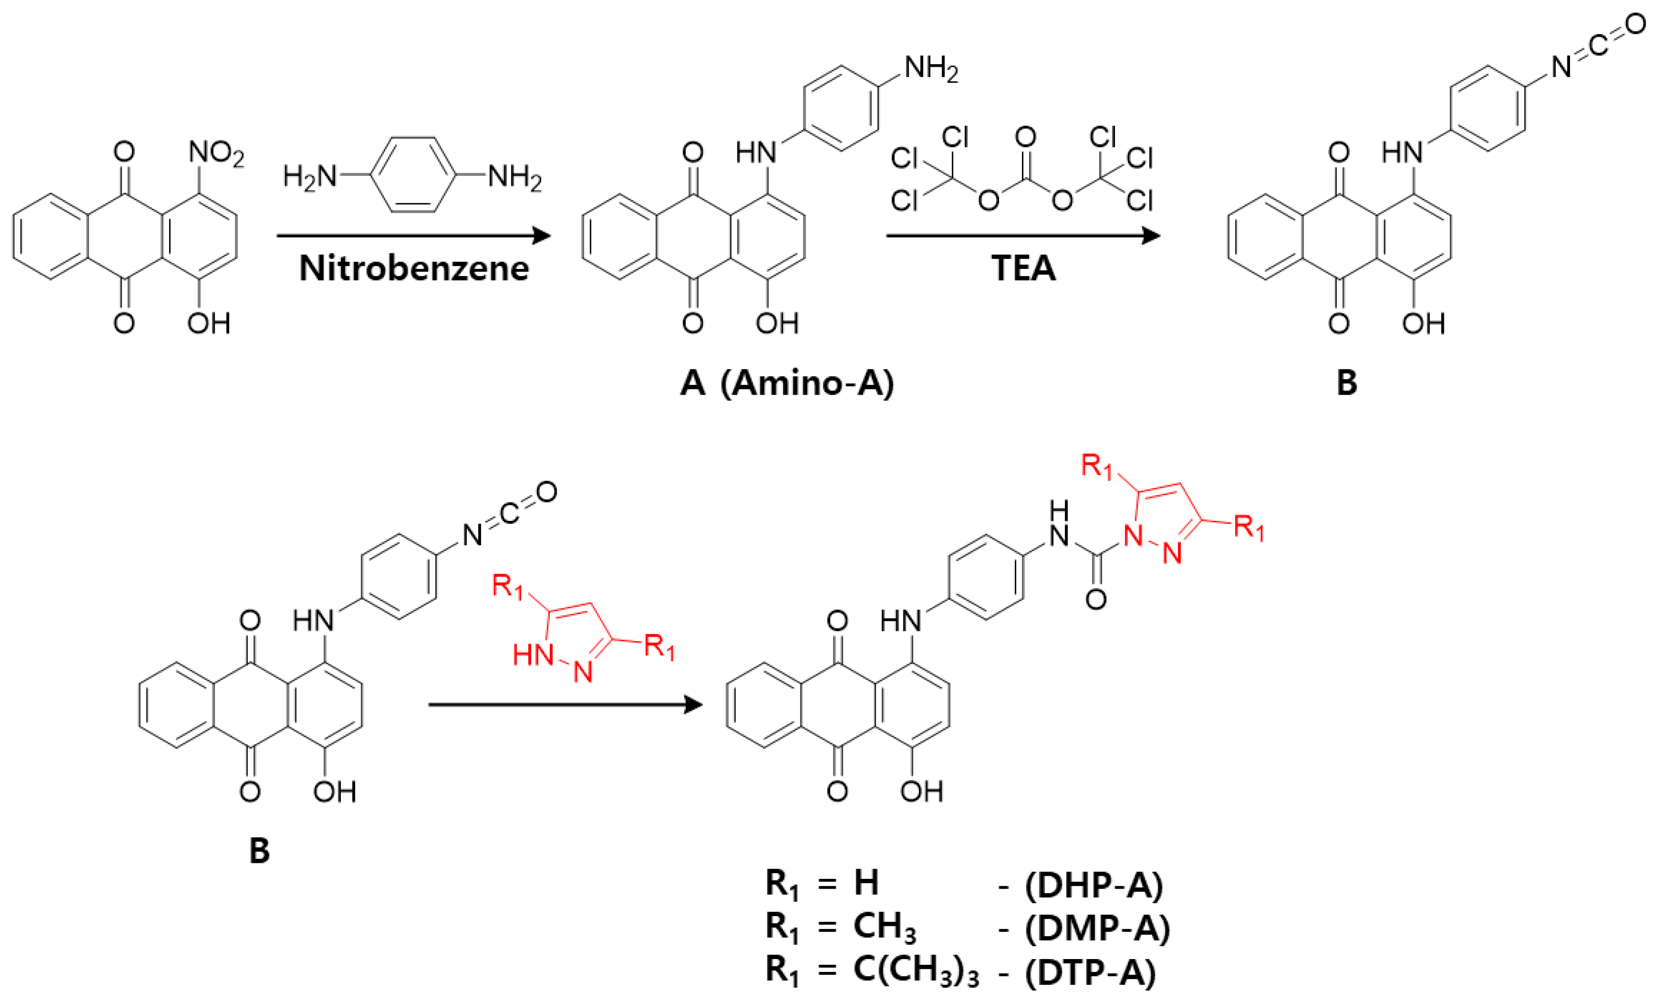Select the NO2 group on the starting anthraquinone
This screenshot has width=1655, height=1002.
coord(216,154)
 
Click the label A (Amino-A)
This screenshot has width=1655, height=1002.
coord(787,383)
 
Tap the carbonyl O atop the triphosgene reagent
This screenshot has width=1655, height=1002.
coord(1025,138)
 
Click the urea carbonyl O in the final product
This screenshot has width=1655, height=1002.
coord(1096,599)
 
